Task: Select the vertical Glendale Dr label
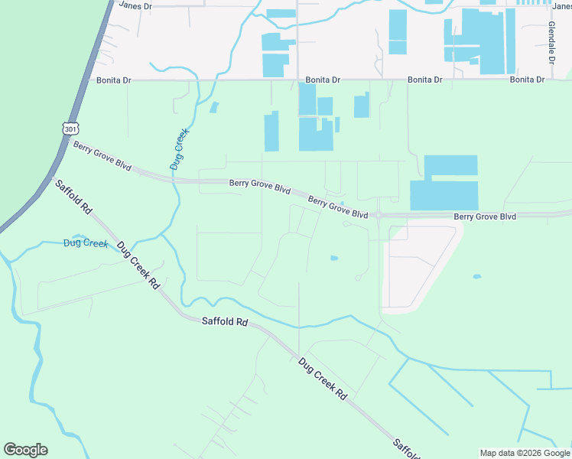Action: pos(551,42)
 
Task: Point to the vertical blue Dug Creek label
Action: pos(178,148)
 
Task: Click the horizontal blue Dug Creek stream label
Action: pos(86,243)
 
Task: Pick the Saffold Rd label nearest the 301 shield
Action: pos(73,197)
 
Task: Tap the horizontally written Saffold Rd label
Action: pos(225,323)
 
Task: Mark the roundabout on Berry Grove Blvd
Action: pos(378,216)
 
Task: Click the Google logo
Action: pos(25,450)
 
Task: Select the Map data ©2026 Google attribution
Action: pos(524,453)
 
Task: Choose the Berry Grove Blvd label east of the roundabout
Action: pos(485,216)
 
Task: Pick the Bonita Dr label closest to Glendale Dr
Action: pos(527,80)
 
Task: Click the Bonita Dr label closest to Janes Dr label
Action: pos(115,80)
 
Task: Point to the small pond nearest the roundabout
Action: pos(334,259)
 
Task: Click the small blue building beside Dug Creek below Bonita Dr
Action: pos(214,108)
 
